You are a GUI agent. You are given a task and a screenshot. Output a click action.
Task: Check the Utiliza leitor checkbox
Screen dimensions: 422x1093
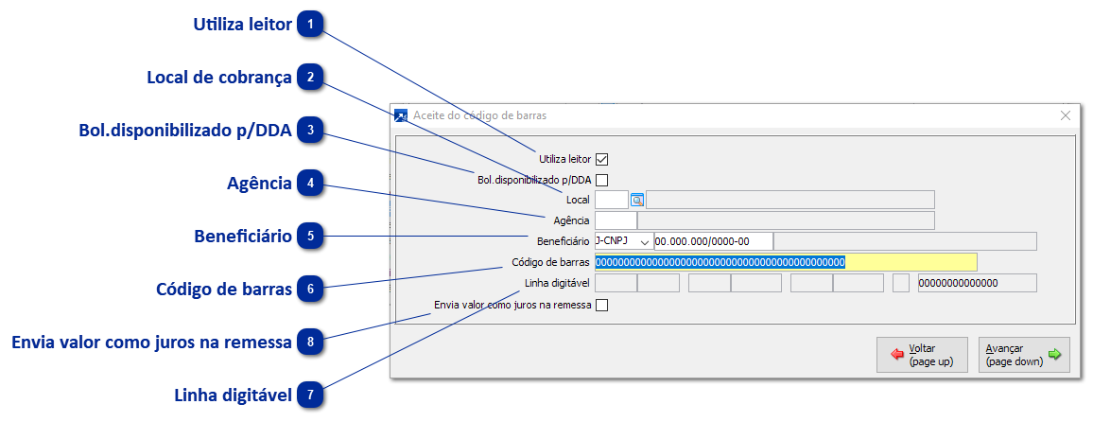point(601,159)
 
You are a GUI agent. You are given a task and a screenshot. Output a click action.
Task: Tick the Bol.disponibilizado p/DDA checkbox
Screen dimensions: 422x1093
point(601,180)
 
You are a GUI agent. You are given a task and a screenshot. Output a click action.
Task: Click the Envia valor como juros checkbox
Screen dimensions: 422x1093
point(601,306)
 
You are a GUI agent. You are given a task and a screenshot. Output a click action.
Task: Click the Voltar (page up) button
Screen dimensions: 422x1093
point(922,355)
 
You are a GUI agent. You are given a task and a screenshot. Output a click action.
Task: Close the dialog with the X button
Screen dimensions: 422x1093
point(1066,115)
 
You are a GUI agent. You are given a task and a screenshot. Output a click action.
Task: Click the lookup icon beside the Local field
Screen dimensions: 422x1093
point(637,200)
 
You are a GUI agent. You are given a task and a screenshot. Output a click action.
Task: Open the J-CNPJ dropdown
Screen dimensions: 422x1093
point(646,242)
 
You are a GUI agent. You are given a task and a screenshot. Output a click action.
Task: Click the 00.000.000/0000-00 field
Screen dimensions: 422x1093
point(713,242)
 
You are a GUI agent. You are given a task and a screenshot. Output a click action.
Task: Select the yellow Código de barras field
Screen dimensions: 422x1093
point(786,262)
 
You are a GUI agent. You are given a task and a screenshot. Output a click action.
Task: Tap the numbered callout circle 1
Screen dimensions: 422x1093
point(310,25)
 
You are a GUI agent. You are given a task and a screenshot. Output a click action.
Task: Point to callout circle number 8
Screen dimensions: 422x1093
point(310,342)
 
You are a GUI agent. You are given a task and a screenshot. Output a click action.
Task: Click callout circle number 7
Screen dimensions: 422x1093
point(310,396)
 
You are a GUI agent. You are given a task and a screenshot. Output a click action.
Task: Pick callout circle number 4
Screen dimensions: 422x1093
point(310,184)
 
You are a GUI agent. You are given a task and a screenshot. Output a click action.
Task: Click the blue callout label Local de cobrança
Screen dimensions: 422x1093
point(219,78)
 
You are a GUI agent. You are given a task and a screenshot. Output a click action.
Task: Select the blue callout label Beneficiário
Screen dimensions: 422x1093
point(243,236)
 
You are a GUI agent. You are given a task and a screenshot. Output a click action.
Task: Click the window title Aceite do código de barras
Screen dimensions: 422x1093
point(479,115)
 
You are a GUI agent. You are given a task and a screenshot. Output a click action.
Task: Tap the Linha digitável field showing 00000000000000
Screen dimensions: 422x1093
point(977,283)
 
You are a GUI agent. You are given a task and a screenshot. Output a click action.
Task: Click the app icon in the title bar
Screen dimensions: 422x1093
point(400,115)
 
